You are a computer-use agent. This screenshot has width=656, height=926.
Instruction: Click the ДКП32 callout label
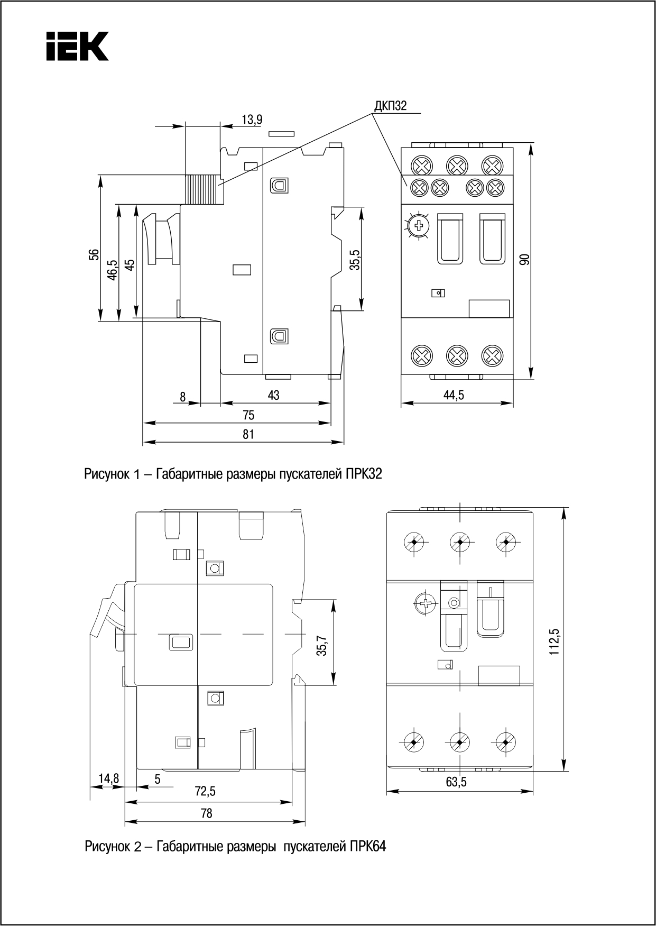coord(390,106)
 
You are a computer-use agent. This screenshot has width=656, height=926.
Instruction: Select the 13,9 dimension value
coord(252,120)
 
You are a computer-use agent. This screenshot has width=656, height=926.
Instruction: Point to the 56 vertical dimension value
coord(94,255)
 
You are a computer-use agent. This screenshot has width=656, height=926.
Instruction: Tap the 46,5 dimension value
coord(112,269)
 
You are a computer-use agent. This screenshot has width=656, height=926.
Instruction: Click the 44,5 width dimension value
coord(453,395)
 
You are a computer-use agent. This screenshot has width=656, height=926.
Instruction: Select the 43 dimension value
coord(273,395)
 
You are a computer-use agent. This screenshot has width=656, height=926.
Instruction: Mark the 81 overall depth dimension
coord(248,434)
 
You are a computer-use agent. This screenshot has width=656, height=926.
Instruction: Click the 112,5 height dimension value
coord(555,641)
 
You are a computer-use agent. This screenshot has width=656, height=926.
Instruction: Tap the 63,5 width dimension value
coord(456,782)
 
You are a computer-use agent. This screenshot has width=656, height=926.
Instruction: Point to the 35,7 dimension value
coord(322,641)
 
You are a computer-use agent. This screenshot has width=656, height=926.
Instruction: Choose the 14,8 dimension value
coord(109,778)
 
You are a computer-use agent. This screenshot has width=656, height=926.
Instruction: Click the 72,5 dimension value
coord(205,791)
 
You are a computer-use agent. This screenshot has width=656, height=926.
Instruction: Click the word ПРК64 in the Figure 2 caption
coord(367,846)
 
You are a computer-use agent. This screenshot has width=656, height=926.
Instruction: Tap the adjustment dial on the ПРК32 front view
coord(419,226)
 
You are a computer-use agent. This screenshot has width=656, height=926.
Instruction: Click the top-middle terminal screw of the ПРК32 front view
coord(457,166)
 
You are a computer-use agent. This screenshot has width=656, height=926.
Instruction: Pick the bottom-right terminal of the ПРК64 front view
coord(506,742)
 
